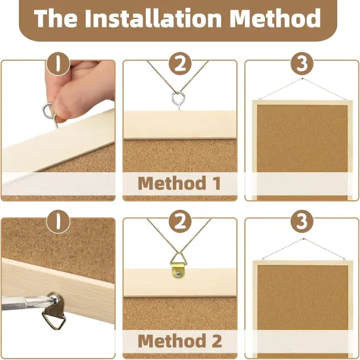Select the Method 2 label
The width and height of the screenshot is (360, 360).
click(179, 340)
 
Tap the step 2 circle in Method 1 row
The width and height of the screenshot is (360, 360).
click(179, 65)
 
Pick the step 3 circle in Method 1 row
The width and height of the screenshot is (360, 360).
click(301, 65)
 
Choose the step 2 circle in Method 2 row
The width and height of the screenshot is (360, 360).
click(179, 223)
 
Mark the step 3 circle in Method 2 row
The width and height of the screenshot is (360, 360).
click(301, 223)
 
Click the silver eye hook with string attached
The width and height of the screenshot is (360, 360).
click(179, 99)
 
